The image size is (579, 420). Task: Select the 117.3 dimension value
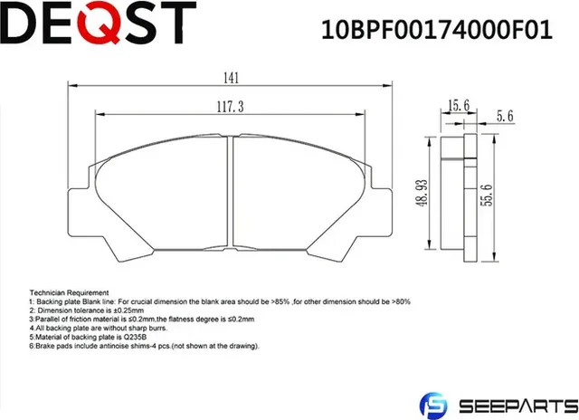pos(233,107)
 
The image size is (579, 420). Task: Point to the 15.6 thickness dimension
pos(458,107)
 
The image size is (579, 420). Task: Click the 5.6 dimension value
pos(505,116)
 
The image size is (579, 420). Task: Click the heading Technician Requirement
pos(69,293)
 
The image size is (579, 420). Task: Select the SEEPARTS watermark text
pos(518,404)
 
